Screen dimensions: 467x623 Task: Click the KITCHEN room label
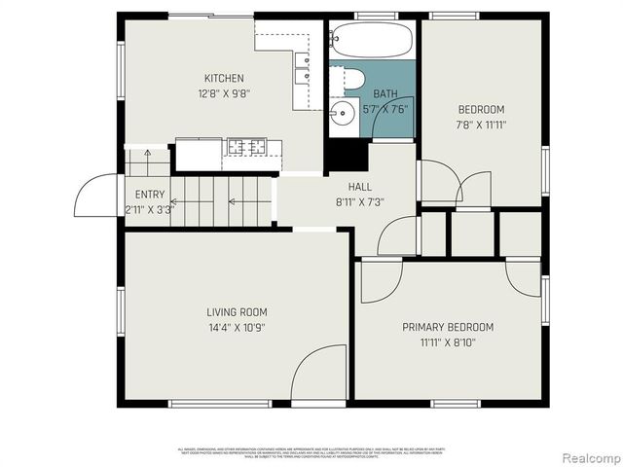[x=224, y=79]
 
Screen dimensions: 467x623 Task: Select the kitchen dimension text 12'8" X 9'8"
[x=224, y=94]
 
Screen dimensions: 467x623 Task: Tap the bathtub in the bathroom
[x=370, y=41]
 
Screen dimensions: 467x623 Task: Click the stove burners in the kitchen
[x=246, y=147]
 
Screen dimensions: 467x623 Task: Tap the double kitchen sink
[x=302, y=67]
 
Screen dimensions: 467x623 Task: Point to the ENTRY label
[x=150, y=195]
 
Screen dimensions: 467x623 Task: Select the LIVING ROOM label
[x=237, y=312]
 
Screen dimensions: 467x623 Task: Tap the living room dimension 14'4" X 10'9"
[x=237, y=328]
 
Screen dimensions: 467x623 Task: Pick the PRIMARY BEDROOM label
[x=448, y=327]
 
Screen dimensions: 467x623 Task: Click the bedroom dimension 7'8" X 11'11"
[x=481, y=125]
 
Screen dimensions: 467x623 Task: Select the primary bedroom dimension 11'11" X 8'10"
[x=448, y=342]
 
